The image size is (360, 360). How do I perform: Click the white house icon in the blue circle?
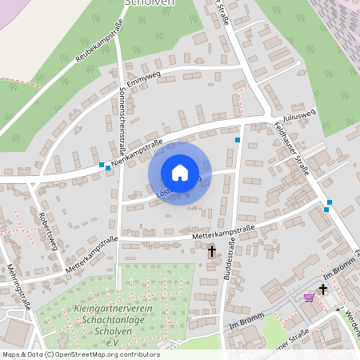tap(180, 173)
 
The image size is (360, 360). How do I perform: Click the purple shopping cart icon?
tap(309, 298)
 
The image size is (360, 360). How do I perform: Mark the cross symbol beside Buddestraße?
tap(212, 251)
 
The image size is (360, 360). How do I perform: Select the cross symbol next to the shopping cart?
tap(324, 289)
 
